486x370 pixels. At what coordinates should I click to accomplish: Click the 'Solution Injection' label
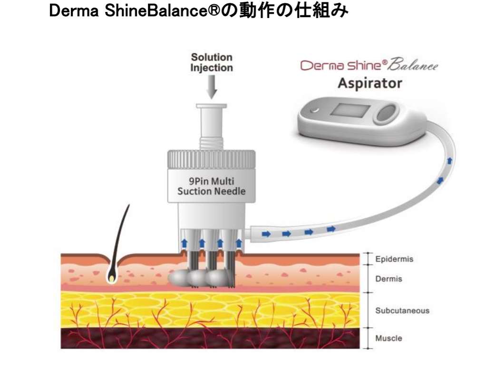pyautogui.click(x=212, y=62)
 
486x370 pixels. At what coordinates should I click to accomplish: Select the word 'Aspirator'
pyautogui.click(x=369, y=84)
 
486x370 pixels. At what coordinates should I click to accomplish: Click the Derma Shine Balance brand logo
pyautogui.click(x=368, y=66)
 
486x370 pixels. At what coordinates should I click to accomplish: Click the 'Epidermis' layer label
pyautogui.click(x=394, y=260)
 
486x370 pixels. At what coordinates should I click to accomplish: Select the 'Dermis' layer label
pyautogui.click(x=389, y=279)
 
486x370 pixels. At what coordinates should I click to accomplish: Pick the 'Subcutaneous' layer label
pyautogui.click(x=402, y=311)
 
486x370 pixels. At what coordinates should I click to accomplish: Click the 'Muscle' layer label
pyautogui.click(x=389, y=339)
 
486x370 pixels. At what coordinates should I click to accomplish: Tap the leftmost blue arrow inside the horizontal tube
pyautogui.click(x=265, y=234)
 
